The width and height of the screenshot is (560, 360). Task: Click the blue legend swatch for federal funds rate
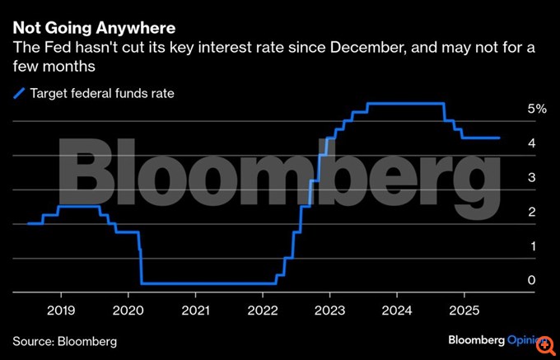click(18, 94)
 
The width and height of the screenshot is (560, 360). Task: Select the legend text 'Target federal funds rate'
click(102, 94)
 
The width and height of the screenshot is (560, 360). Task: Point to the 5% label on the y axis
click(536, 109)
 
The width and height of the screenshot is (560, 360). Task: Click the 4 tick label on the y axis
click(532, 143)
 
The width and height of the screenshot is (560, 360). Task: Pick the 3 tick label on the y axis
click(532, 178)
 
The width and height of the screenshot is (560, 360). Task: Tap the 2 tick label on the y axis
click(532, 213)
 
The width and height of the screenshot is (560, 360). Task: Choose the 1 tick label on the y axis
click(532, 247)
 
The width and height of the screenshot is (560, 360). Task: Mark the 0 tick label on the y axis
click(532, 281)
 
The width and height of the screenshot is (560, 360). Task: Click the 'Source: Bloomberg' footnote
click(64, 340)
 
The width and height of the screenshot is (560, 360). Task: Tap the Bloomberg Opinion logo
click(499, 339)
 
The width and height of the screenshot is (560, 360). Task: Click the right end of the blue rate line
click(499, 138)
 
